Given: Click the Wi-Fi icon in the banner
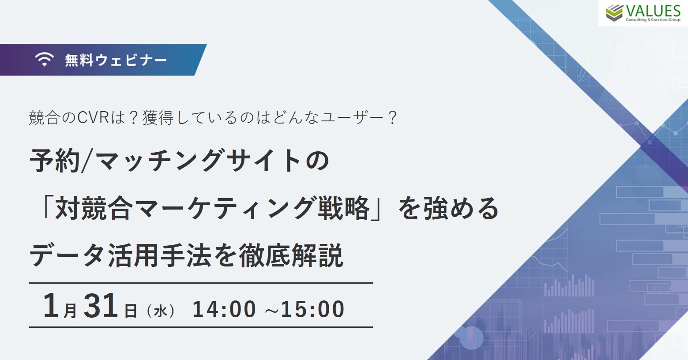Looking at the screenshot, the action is coord(44,59).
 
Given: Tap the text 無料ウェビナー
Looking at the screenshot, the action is coord(116,60).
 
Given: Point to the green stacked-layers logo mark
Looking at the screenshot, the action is coord(614,13).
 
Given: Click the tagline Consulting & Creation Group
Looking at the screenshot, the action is coord(653,20).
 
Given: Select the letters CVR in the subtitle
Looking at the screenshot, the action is coord(93,118).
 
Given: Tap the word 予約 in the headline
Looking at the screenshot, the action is coord(55,161).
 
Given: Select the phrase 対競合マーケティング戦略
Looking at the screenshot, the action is coord(212,208).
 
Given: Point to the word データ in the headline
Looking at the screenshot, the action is coord(66,255).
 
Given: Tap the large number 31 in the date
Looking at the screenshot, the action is coord(101,305).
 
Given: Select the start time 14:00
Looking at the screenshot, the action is coord(224,309).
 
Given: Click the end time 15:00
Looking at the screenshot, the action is coord(313,309).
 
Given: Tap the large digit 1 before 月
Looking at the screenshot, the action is coord(51,305).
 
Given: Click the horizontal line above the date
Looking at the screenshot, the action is coord(201,283).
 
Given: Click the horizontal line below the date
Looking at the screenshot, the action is coord(201,327).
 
